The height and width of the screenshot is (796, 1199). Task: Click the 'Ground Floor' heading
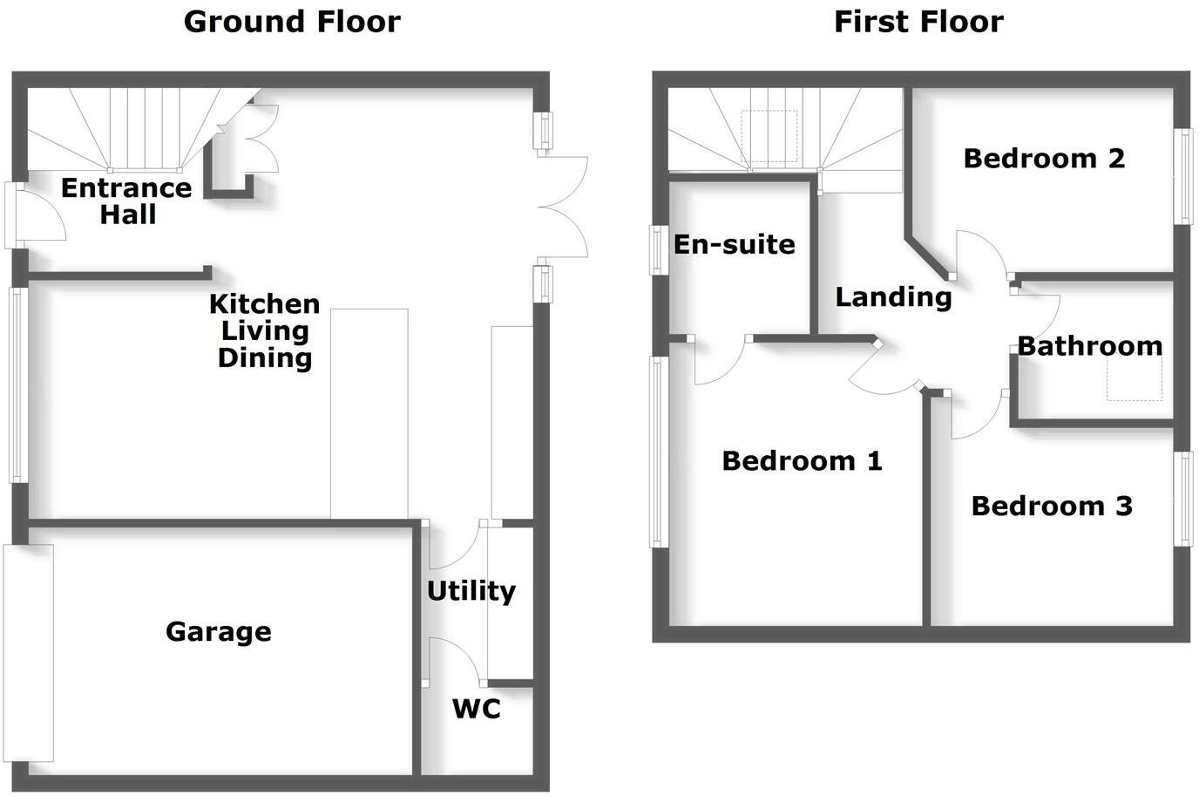click(292, 23)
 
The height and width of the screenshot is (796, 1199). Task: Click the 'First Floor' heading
click(918, 23)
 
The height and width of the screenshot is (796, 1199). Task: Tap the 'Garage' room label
click(219, 632)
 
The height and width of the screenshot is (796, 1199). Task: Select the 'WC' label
click(477, 709)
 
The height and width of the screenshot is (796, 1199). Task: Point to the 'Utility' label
click(471, 591)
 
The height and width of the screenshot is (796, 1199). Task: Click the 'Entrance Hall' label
click(127, 201)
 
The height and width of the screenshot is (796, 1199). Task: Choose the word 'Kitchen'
click(264, 304)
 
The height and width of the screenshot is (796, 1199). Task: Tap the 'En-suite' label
click(734, 244)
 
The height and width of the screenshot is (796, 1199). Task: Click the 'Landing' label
click(893, 298)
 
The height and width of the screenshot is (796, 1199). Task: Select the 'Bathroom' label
click(1090, 346)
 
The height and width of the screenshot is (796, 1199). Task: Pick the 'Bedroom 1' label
click(802, 460)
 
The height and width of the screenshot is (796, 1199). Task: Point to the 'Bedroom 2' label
click(1044, 159)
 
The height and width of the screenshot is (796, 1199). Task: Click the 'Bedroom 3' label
click(1052, 507)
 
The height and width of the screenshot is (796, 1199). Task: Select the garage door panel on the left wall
click(29, 653)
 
